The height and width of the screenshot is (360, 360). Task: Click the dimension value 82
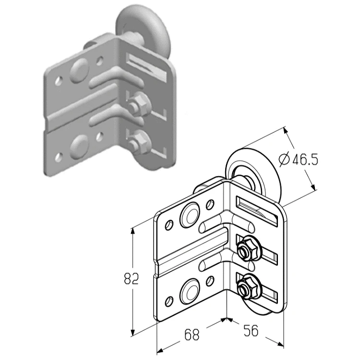pos(132,278)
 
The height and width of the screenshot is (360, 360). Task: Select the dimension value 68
pos(192,335)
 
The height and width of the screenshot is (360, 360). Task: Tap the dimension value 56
pos(251,331)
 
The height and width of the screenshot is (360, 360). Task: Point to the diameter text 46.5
pos(305,159)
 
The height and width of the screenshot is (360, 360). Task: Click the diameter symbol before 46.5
pos(284,159)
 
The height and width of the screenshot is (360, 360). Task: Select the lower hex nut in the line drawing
pos(243,286)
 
